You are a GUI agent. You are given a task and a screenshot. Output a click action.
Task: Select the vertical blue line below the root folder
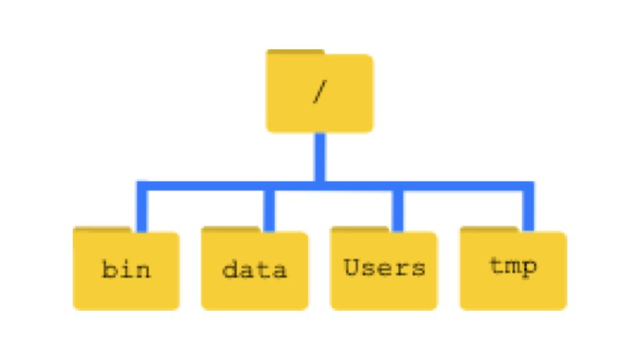[320, 157]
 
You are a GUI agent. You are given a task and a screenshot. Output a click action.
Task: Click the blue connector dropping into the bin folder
[141, 210]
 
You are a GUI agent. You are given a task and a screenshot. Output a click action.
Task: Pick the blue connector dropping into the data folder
[269, 210]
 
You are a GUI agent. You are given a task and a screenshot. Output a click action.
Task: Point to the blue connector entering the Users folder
[398, 210]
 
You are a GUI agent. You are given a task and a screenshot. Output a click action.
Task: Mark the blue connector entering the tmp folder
[529, 210]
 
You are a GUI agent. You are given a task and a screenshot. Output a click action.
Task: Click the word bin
[126, 270]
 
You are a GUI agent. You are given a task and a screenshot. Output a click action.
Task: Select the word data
[254, 270]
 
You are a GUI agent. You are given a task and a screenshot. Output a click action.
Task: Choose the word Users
[384, 268]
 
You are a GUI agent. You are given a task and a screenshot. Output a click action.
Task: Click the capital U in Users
[352, 267]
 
